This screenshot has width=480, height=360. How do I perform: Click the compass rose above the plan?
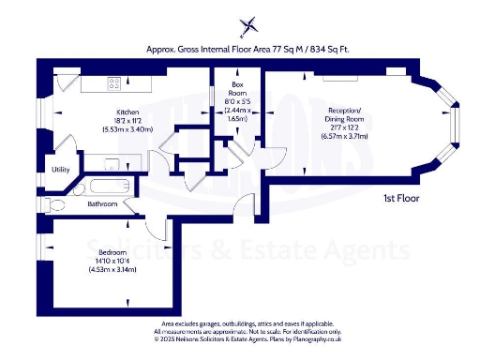point(247,25)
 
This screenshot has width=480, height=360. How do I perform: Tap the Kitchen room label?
point(127,112)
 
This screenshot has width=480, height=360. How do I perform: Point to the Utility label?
point(60,170)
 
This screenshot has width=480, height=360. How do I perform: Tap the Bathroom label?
point(102,203)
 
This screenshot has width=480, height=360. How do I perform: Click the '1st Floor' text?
point(400,199)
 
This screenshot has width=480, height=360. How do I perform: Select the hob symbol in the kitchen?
point(113,82)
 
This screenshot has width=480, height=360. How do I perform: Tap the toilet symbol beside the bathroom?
point(57,203)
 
